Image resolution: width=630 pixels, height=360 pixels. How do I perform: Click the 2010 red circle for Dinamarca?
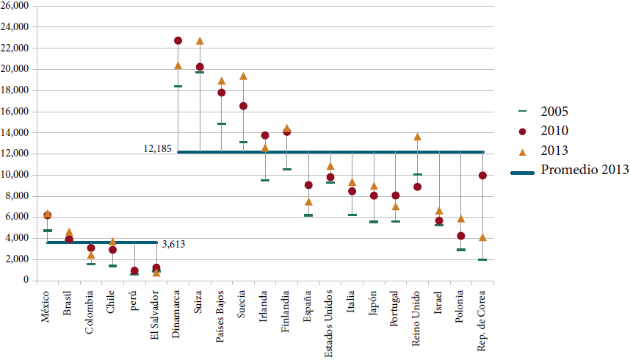(178, 40)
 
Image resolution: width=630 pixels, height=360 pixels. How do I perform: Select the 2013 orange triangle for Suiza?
(200, 41)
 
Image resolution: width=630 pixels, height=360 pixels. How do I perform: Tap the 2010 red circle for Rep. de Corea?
(482, 176)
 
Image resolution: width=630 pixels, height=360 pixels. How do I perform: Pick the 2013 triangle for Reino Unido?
(417, 137)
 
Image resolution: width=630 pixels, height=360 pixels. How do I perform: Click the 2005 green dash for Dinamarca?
(178, 86)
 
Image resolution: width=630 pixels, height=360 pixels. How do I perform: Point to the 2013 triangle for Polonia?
(460, 219)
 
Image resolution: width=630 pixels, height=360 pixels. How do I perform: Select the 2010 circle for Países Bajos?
(221, 93)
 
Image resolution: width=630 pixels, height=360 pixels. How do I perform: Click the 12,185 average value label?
(157, 148)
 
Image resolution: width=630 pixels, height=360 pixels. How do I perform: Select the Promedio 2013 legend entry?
(584, 170)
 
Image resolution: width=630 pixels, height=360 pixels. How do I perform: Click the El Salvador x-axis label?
(155, 314)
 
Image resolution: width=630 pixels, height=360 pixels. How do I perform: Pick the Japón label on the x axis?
(374, 303)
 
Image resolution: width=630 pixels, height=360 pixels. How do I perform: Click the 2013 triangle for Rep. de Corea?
(482, 238)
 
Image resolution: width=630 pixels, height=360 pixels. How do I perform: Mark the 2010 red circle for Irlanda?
(265, 135)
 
